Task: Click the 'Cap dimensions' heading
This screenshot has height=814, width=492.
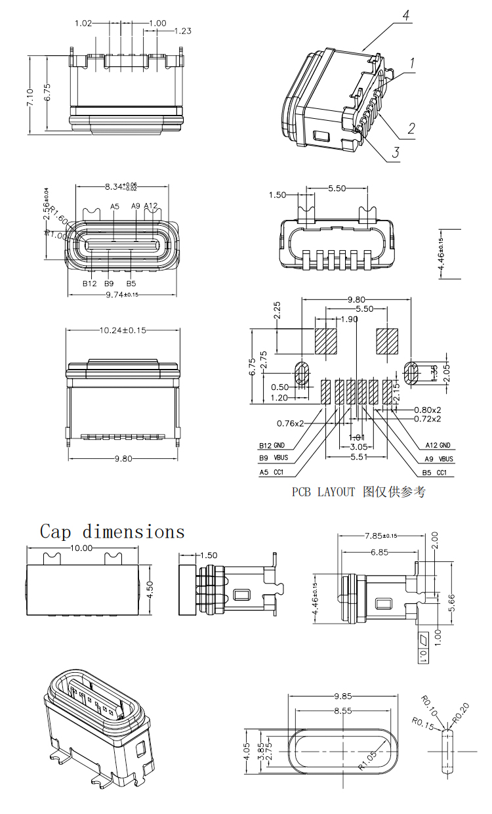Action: click(x=112, y=531)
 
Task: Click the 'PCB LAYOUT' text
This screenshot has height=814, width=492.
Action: click(x=323, y=492)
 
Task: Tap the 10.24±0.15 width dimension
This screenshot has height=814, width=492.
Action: click(x=123, y=330)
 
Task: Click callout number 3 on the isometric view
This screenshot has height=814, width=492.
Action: click(x=396, y=153)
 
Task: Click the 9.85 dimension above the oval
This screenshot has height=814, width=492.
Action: click(x=344, y=696)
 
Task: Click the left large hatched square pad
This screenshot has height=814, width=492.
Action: click(x=325, y=340)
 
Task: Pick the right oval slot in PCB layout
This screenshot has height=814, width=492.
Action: click(x=412, y=373)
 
